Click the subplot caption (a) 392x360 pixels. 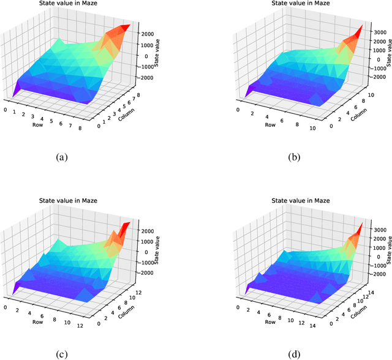coord(62,157)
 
